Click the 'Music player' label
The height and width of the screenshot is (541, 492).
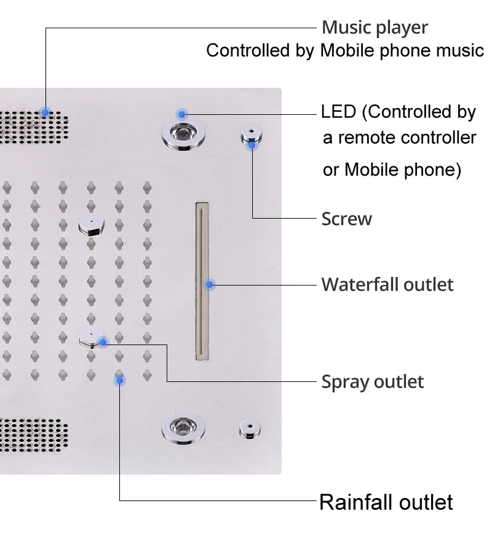pos(375,28)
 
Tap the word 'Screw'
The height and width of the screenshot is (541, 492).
pos(346,219)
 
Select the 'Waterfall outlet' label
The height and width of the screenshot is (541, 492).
pos(387,285)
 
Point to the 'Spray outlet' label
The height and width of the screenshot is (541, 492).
pos(373,382)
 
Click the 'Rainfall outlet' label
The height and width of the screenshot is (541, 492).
pos(386,502)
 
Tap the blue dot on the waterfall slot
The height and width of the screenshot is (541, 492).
pos(210,284)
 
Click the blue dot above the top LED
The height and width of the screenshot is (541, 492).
pos(181,114)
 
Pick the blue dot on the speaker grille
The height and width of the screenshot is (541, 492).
pos(45,112)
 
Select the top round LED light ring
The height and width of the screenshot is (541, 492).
pos(183,133)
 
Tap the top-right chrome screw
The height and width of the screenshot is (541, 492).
pos(251,133)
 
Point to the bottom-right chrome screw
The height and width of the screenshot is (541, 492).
pos(250,428)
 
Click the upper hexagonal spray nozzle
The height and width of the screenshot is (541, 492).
pos(92,225)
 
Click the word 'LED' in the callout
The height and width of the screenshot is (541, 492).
pos(339,112)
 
